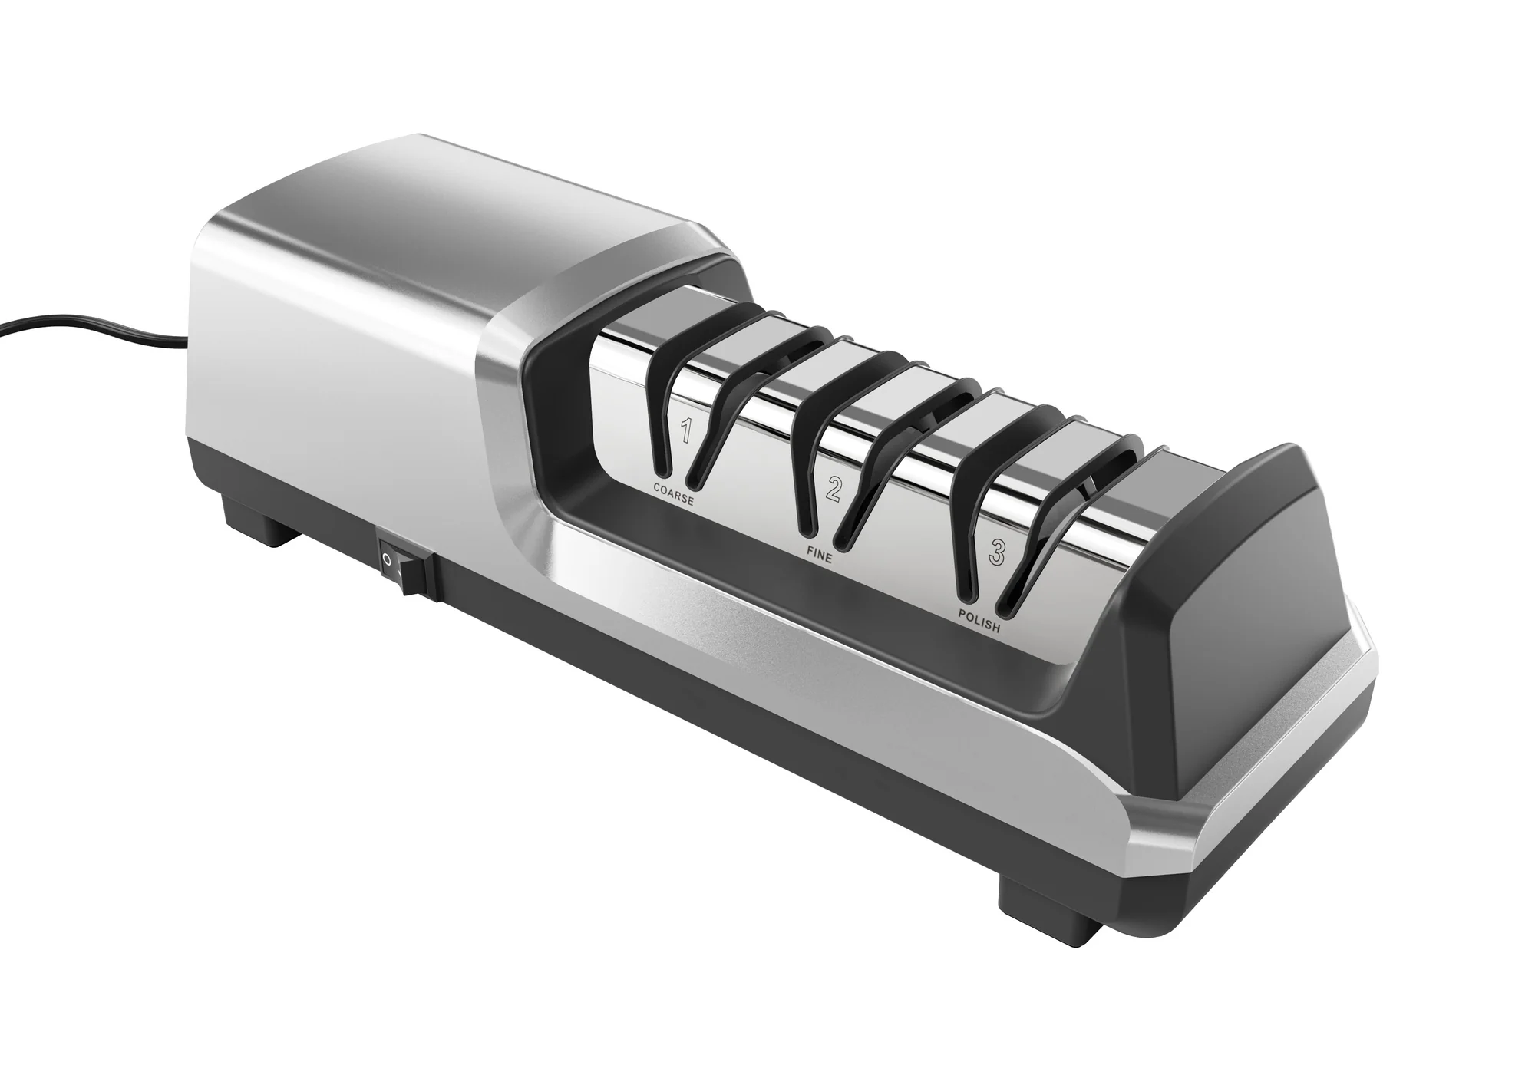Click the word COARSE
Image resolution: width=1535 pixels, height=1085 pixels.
pyautogui.click(x=674, y=494)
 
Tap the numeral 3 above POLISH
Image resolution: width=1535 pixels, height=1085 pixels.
pyautogui.click(x=995, y=553)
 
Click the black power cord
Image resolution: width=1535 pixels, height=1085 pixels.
pyautogui.click(x=92, y=328)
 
